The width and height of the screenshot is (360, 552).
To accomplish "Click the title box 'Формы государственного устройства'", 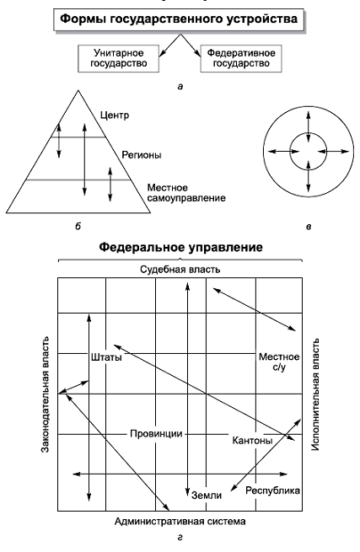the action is pos(179,19).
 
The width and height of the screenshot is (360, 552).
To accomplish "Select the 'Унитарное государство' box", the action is pos(118,58).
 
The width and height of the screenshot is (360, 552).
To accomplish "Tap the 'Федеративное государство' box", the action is pos(241,58).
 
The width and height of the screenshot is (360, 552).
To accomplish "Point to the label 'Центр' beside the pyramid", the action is pos(115,115).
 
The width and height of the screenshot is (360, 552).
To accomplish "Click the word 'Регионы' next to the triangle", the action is pos(142,155).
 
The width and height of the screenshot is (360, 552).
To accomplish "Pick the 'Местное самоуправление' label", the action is pos(186,193).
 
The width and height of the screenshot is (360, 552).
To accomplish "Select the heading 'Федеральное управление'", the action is pos(180,247).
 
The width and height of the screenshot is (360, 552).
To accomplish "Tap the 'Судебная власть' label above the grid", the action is pos(180,270).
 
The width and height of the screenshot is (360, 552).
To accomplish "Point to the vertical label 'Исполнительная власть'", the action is pos(315,394).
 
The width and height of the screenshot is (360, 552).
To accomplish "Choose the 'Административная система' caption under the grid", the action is pos(180,521).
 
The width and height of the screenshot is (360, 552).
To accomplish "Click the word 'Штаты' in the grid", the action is pos(106,357).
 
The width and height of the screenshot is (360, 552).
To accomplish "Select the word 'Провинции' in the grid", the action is pos(157,433).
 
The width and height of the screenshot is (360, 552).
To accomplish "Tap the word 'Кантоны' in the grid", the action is pos(252,441).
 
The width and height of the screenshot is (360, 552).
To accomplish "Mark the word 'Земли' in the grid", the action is pos(207,496).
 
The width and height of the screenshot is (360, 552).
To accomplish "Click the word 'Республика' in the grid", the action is pos(272,490).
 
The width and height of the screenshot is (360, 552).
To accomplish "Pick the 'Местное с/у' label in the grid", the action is pos(279,362).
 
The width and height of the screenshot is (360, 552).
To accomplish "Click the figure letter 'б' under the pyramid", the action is pos(78,226).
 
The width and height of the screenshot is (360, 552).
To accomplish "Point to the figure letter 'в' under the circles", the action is pos(309,227).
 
